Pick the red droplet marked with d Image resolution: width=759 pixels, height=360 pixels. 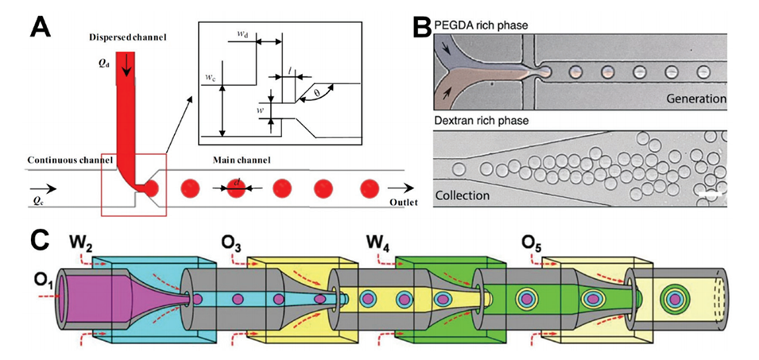point(236,189)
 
